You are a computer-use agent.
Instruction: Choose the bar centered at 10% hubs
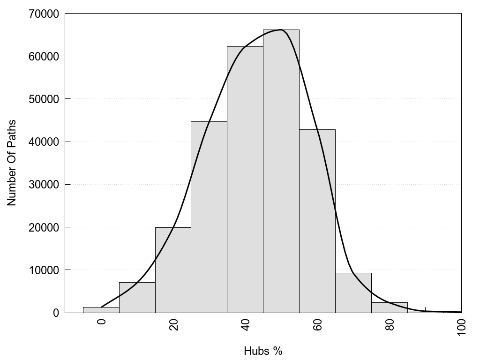click(x=137, y=297)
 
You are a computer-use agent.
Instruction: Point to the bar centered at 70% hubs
click(x=353, y=293)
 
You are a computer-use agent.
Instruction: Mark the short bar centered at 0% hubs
click(x=101, y=310)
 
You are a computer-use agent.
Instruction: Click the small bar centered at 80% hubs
click(x=389, y=307)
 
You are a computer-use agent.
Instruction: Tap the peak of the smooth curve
click(x=280, y=30)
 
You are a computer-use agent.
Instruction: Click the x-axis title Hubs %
click(x=263, y=351)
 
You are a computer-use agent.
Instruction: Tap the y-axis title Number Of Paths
click(x=12, y=163)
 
